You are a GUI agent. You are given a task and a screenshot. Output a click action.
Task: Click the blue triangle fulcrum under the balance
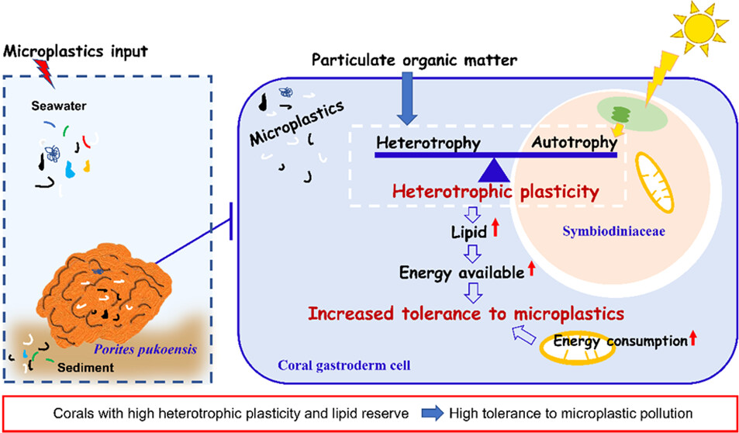(x=496, y=170)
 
